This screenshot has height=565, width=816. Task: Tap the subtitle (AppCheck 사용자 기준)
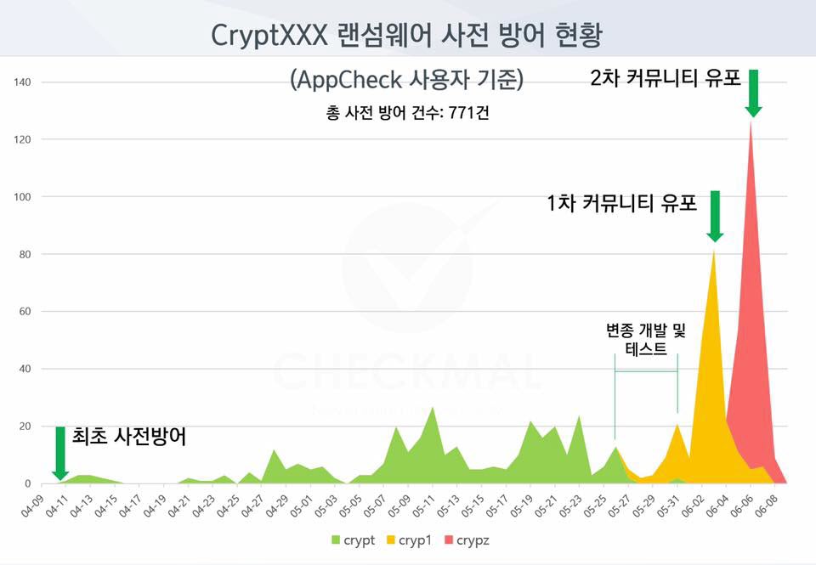[407, 81]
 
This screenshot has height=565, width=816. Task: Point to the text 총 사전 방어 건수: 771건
[407, 113]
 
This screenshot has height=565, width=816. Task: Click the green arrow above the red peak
[753, 93]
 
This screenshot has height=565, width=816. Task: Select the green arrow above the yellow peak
[715, 217]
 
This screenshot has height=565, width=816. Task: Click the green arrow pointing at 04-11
[60, 453]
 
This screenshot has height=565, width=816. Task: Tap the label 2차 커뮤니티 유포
[666, 79]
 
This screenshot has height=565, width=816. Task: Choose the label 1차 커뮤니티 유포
[622, 204]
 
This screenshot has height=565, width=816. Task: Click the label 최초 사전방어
[129, 437]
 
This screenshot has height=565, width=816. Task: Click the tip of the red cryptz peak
[751, 123]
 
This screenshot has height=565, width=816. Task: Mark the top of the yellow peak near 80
[713, 251]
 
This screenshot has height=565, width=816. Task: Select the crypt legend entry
[352, 540]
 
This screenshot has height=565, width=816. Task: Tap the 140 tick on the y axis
[23, 82]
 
